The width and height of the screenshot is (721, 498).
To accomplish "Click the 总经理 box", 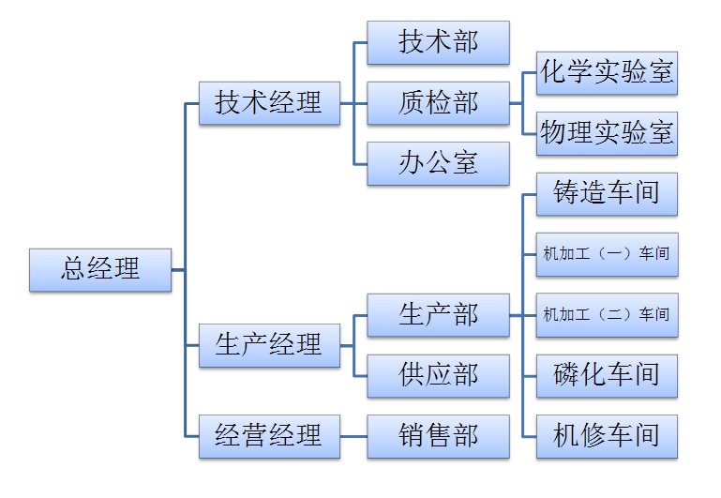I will pos(100,270).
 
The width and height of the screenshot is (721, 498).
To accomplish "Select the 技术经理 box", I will pos(269,102).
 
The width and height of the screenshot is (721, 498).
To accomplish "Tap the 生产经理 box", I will pos(269,344).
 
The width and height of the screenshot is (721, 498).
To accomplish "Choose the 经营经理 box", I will pos(269,435).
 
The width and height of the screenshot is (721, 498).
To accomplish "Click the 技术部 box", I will pos(438,43).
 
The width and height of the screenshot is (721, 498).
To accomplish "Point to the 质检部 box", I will pos(438,102).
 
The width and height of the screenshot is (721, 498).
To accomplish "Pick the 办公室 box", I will pos(438,163).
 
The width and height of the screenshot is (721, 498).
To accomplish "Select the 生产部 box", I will pos(438,314).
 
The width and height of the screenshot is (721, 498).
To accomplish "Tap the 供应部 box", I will pos(438,375).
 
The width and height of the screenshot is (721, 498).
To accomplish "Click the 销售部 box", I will pos(438,435).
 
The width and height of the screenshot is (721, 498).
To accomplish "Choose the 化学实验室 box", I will pos(607,73).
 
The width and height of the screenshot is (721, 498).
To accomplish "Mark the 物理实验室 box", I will pos(607,133).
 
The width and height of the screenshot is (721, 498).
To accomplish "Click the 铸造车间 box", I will pos(607,193).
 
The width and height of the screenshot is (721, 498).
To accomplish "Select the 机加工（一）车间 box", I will pos(607,253).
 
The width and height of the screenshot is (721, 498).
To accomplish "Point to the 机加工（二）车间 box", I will pos(607,314).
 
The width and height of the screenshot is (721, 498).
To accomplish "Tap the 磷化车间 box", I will pos(607,375).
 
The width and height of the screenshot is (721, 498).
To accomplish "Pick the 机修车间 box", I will pos(607,435).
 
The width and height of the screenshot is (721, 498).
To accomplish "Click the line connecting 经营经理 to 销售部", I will pos(353,436).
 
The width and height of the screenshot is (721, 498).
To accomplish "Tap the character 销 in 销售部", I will pos(412,435).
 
